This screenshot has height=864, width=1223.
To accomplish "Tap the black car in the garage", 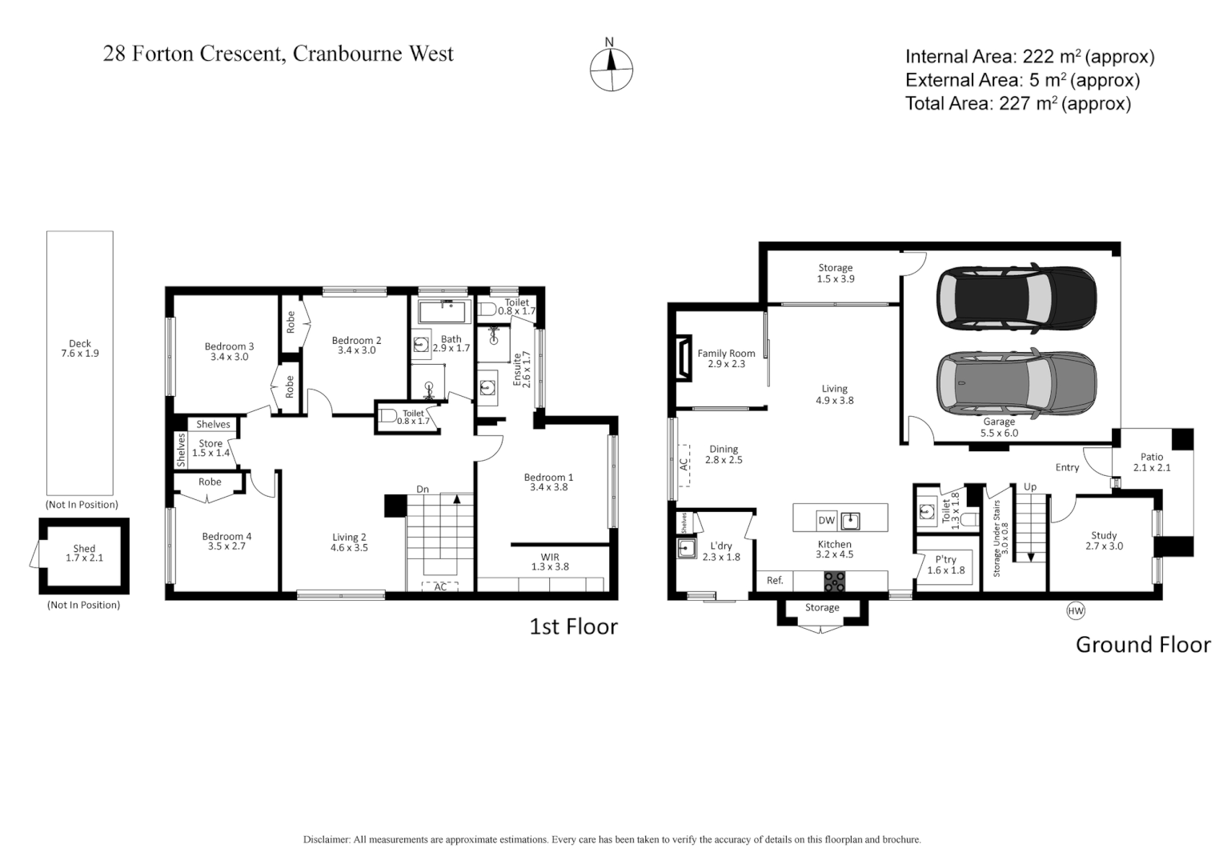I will pos(1016,297).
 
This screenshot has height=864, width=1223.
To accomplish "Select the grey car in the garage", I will pos(1016,382).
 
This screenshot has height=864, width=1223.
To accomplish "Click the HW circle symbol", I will pos(1076,611).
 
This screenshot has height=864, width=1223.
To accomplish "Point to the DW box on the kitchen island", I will pos(826,521).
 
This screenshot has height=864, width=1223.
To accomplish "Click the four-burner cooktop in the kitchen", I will pos(834,582).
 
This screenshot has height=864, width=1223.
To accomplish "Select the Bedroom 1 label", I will pos(548,482).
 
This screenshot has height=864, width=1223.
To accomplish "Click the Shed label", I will pos(84,554).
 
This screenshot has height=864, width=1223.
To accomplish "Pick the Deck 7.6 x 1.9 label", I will pos(80,349).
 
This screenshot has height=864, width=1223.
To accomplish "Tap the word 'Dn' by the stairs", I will pos(423,489).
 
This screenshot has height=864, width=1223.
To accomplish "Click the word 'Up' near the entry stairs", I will pos(1030,486).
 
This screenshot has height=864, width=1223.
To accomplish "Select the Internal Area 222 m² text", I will pos(1029,57).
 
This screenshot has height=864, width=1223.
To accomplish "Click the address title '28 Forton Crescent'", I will pos(278,54).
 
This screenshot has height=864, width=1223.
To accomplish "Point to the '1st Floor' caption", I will pos(573,626).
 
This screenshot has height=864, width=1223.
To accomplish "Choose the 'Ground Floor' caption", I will pos(1142,645).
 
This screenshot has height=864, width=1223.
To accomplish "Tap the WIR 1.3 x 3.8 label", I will pos(550,562).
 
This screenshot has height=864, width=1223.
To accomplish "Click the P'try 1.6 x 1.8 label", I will pos(945,566).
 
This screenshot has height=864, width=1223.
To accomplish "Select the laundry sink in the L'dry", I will pos(686,549).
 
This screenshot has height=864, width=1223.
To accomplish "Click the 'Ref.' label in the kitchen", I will pos(775,581).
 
